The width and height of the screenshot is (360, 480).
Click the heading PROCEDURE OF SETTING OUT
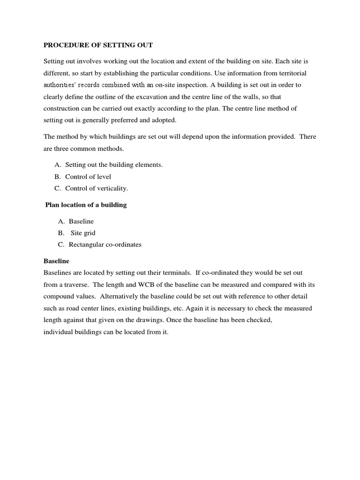tap(98, 45)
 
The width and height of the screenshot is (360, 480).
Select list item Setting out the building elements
tap(113, 165)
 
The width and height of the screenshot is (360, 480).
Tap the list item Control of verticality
tap(96, 188)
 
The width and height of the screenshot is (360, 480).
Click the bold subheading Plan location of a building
tap(86, 205)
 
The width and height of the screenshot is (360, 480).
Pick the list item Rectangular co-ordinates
tap(105, 244)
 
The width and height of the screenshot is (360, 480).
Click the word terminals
tap(175, 273)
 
